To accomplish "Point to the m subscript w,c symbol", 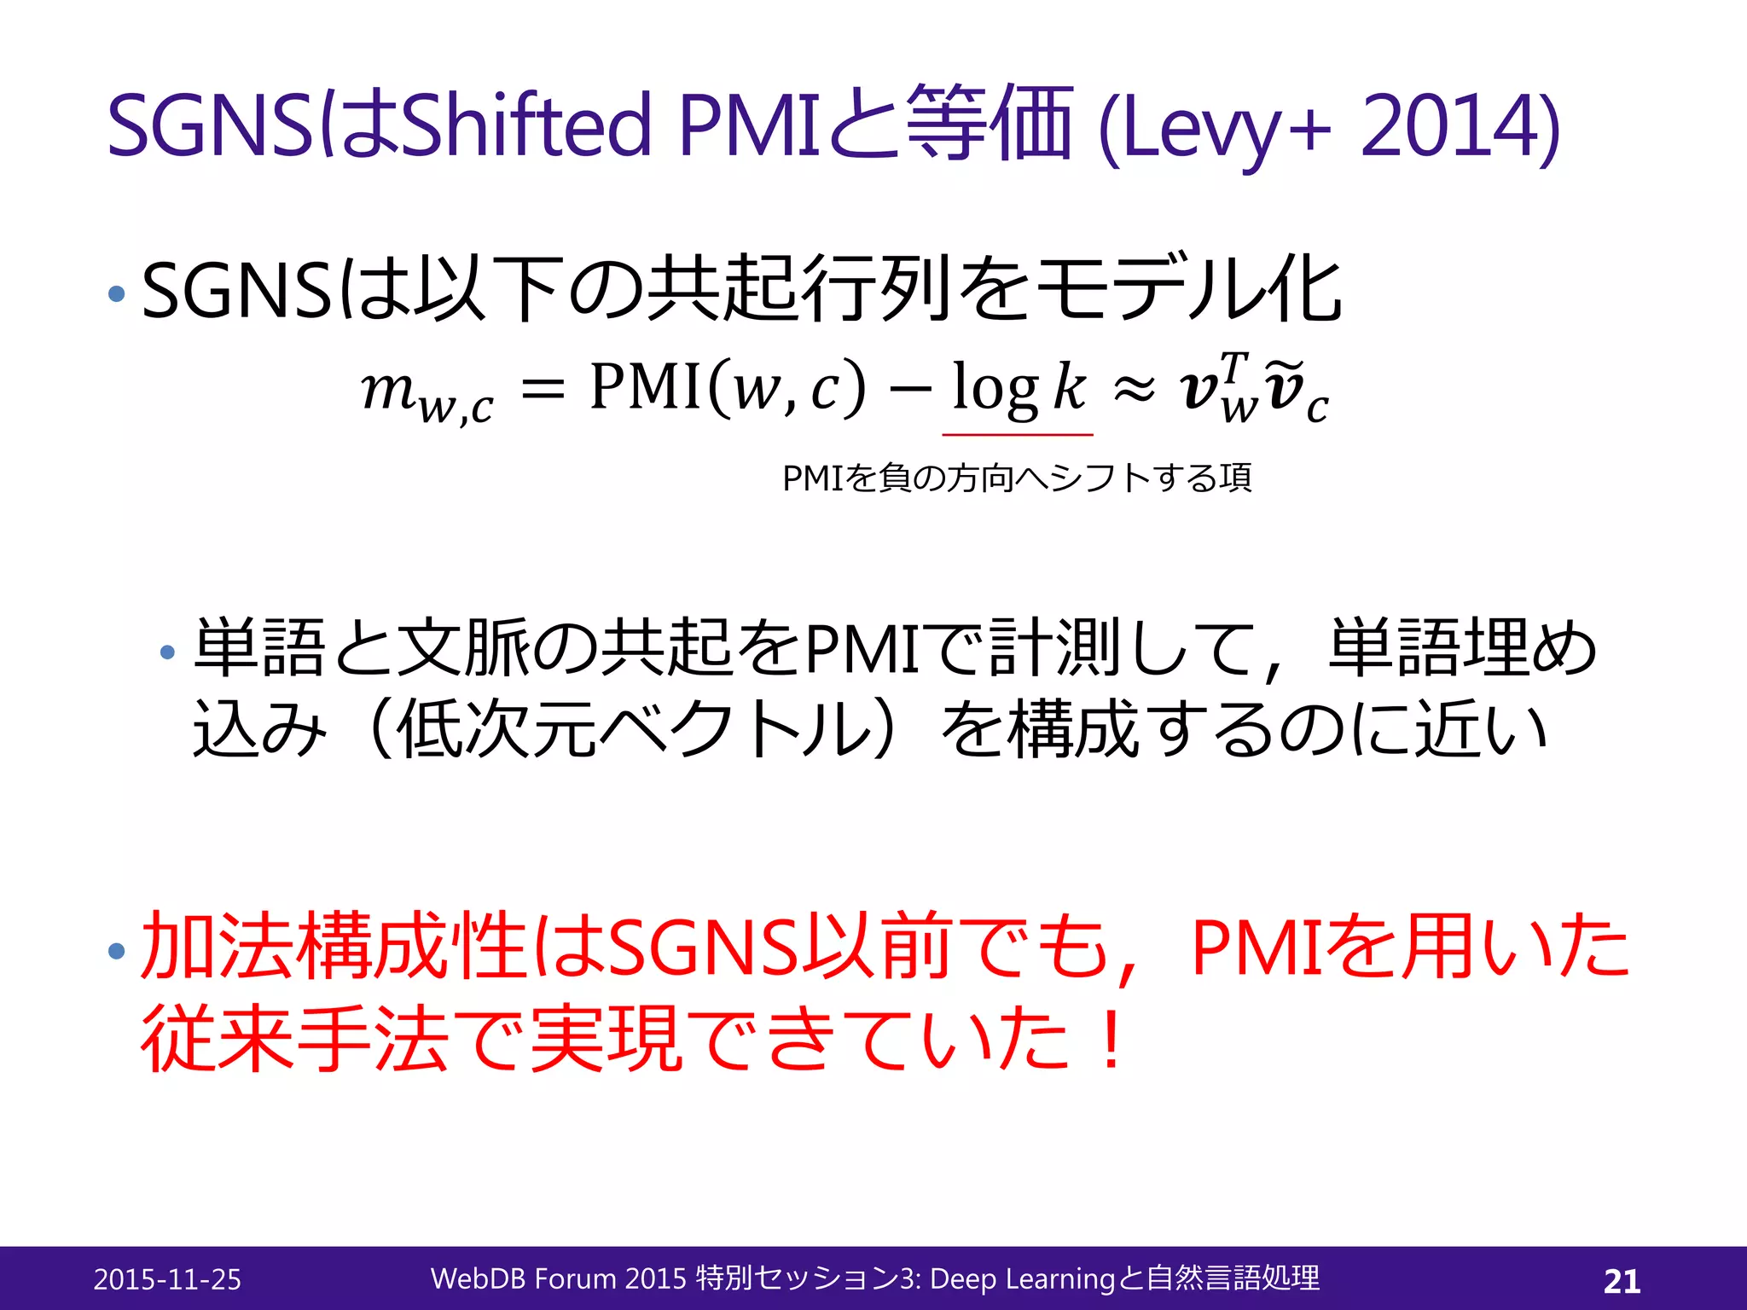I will coord(426,393).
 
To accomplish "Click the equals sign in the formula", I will coord(543,391).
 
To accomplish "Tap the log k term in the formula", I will coord(1019,388).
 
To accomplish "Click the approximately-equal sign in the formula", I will coord(1134,391).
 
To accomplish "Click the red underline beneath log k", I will coord(1018,435).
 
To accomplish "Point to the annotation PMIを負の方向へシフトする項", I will coord(1017,478).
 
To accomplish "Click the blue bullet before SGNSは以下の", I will coord(117,295).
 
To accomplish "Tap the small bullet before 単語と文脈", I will coord(167,653).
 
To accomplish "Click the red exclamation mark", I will coord(1111,1039).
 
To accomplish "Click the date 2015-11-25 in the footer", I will coord(167,1279).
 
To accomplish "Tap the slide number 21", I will coord(1622,1281).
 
